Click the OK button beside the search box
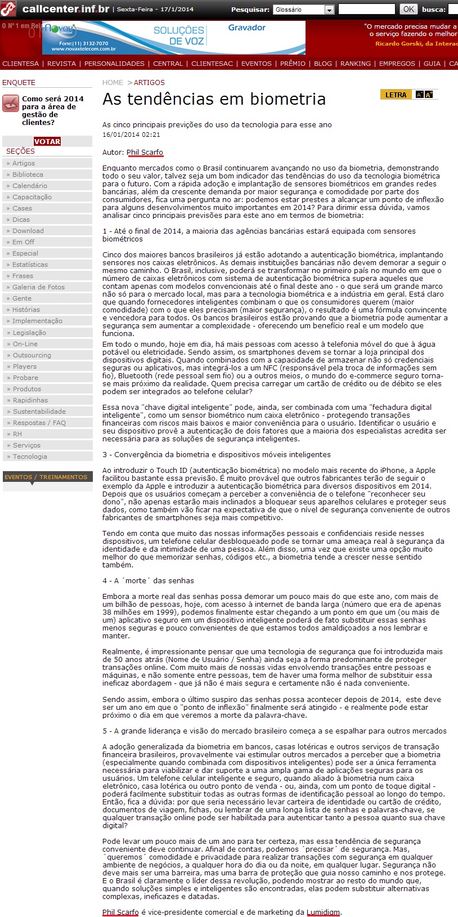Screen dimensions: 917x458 tap(408, 9)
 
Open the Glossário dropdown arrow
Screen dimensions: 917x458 tap(329, 10)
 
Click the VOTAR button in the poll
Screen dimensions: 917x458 tap(47, 141)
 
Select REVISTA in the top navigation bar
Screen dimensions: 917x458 tap(61, 64)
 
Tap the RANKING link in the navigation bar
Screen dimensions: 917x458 tap(356, 64)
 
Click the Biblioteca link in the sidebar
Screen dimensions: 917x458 tap(28, 175)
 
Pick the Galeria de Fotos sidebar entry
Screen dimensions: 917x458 tap(38, 287)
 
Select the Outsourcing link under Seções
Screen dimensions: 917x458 tap(32, 355)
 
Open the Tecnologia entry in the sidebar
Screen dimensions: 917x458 tap(30, 457)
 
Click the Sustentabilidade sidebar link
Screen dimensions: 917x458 tap(39, 411)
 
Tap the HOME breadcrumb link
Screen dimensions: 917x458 tap(113, 83)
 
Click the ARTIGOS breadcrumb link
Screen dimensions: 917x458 tap(149, 83)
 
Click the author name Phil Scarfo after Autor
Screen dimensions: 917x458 tap(145, 152)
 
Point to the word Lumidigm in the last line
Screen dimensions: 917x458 tap(323, 912)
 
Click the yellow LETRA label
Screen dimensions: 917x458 tap(396, 95)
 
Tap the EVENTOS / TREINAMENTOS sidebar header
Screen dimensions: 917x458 tap(46, 477)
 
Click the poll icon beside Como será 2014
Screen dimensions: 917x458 tap(11, 103)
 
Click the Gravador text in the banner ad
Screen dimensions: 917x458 tap(246, 28)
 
